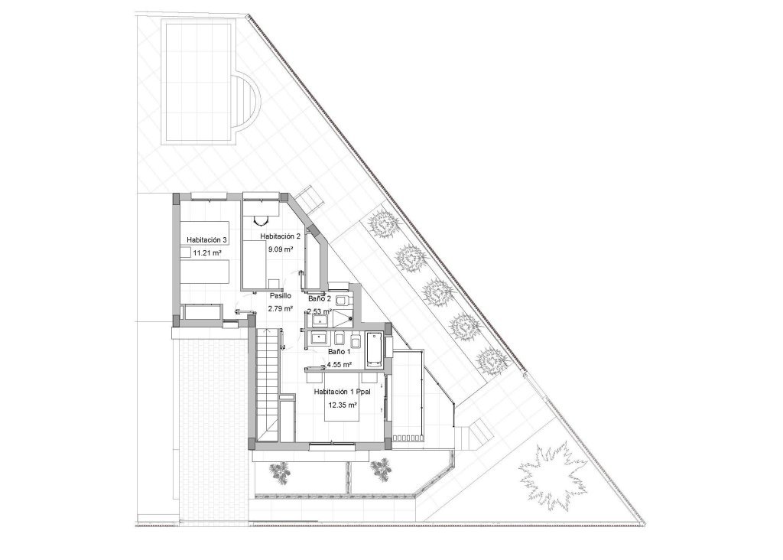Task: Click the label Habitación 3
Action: coord(207,240)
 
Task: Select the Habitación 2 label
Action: coord(280,236)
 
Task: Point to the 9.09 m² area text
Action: coord(279,249)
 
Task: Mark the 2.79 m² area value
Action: coord(279,308)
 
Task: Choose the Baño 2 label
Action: coord(318,299)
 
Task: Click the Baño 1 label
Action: coord(339,352)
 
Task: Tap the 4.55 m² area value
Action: coord(339,365)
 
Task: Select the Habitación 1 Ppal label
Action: coord(342,392)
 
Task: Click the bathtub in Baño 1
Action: coord(374,349)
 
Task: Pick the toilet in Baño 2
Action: coord(341,300)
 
